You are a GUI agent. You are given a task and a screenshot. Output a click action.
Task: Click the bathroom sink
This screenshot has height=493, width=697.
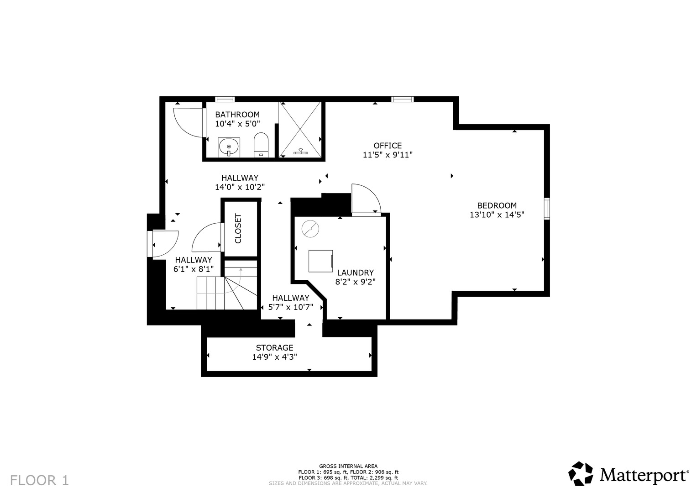click(x=229, y=147)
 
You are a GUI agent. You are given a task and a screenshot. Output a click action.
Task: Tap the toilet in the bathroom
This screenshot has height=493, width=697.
click(x=261, y=145)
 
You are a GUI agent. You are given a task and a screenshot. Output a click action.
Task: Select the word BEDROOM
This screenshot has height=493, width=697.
click(x=497, y=205)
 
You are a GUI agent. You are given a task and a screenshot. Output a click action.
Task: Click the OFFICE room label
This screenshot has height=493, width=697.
click(x=388, y=145)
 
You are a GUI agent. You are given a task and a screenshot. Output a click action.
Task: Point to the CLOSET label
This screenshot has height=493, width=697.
click(x=238, y=228)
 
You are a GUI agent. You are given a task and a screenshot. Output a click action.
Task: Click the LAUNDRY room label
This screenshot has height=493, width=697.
click(x=355, y=273)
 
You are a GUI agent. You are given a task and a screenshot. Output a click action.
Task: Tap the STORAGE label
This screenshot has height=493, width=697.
click(x=274, y=347)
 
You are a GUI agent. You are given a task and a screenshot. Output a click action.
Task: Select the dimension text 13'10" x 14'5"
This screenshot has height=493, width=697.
click(x=497, y=215)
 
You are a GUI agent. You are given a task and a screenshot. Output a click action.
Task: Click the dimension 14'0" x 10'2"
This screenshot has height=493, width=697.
click(x=240, y=187)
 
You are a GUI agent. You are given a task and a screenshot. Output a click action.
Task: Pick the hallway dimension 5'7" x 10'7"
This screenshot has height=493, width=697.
click(x=291, y=307)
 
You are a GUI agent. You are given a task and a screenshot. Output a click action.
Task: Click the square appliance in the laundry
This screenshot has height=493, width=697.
click(x=321, y=261)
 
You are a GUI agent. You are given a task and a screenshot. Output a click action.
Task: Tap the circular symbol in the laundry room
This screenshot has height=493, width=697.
click(x=310, y=229)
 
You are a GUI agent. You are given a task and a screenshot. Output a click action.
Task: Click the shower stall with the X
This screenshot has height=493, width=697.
click(x=300, y=129)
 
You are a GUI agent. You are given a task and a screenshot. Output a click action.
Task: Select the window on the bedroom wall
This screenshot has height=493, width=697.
click(x=547, y=209)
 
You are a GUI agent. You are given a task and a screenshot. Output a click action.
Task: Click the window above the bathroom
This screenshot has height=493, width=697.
click(x=225, y=100)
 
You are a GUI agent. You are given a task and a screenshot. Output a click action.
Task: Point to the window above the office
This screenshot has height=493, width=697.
click(x=402, y=100)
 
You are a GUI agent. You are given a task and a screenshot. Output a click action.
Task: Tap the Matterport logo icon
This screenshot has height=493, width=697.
click(x=581, y=473)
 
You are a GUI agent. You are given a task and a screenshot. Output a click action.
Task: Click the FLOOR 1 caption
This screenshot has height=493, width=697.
click(x=39, y=480)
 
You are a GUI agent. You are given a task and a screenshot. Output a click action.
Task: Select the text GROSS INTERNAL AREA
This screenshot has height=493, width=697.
click(x=348, y=466)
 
